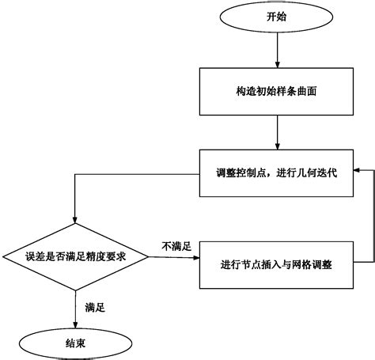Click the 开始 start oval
pyautogui.click(x=275, y=16)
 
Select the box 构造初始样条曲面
pyautogui.click(x=275, y=91)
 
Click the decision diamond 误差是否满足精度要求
pyautogui.click(x=74, y=256)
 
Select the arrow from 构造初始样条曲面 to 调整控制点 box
pyautogui.click(x=275, y=131)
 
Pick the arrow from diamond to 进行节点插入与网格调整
pyautogui.click(x=174, y=256)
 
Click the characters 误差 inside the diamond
pyautogui.click(x=33, y=256)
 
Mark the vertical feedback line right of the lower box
pyautogui.click(x=372, y=218)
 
